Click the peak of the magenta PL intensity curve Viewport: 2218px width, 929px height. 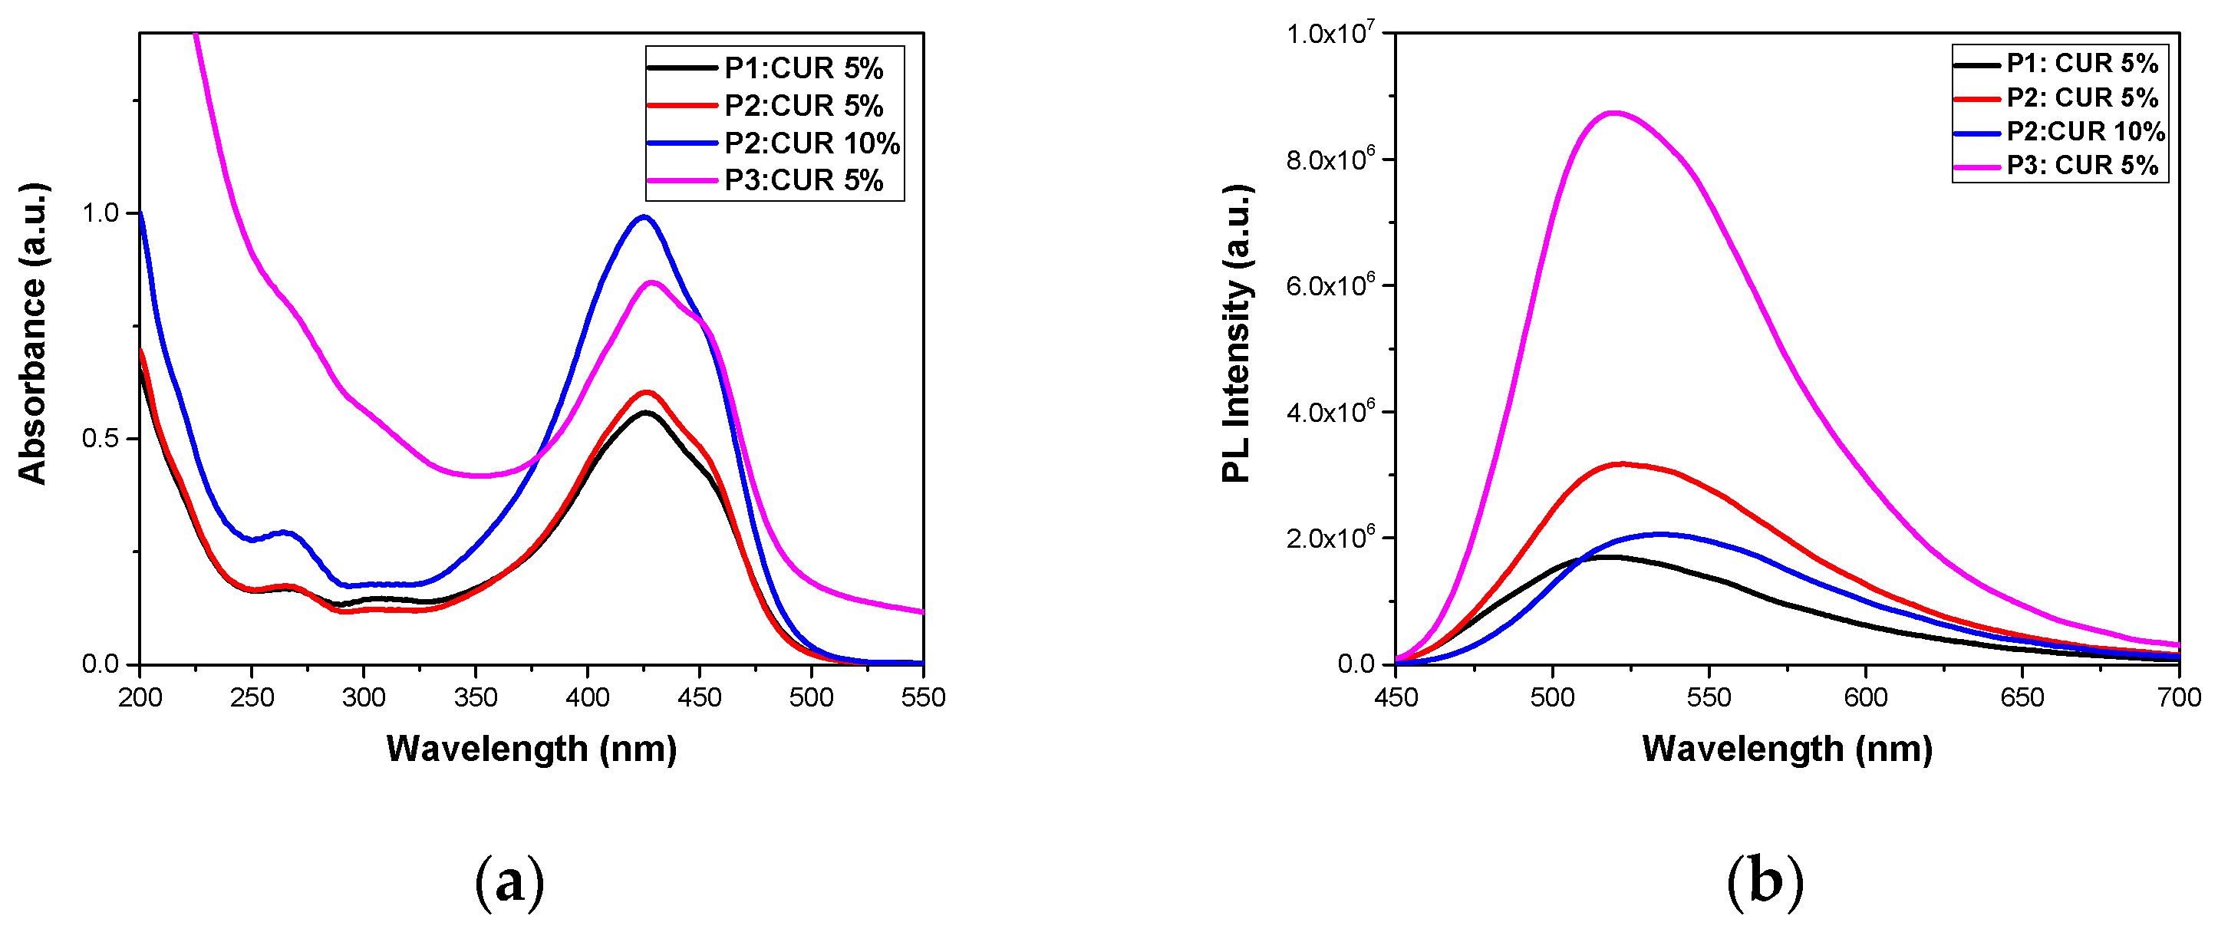point(1614,113)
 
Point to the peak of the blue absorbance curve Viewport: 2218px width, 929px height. point(643,217)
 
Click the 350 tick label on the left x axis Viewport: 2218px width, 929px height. point(476,697)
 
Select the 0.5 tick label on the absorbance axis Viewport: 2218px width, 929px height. point(100,438)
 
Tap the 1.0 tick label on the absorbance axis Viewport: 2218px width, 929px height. point(100,212)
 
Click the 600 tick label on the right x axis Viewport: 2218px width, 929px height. point(1866,697)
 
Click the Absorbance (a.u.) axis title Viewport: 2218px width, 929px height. point(33,334)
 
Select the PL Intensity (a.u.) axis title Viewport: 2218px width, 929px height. point(1237,334)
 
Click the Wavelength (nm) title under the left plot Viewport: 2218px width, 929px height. point(531,748)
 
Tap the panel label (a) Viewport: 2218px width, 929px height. point(509,882)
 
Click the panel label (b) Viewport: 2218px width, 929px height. point(1765,882)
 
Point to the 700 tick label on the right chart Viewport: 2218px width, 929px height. point(2178,697)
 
